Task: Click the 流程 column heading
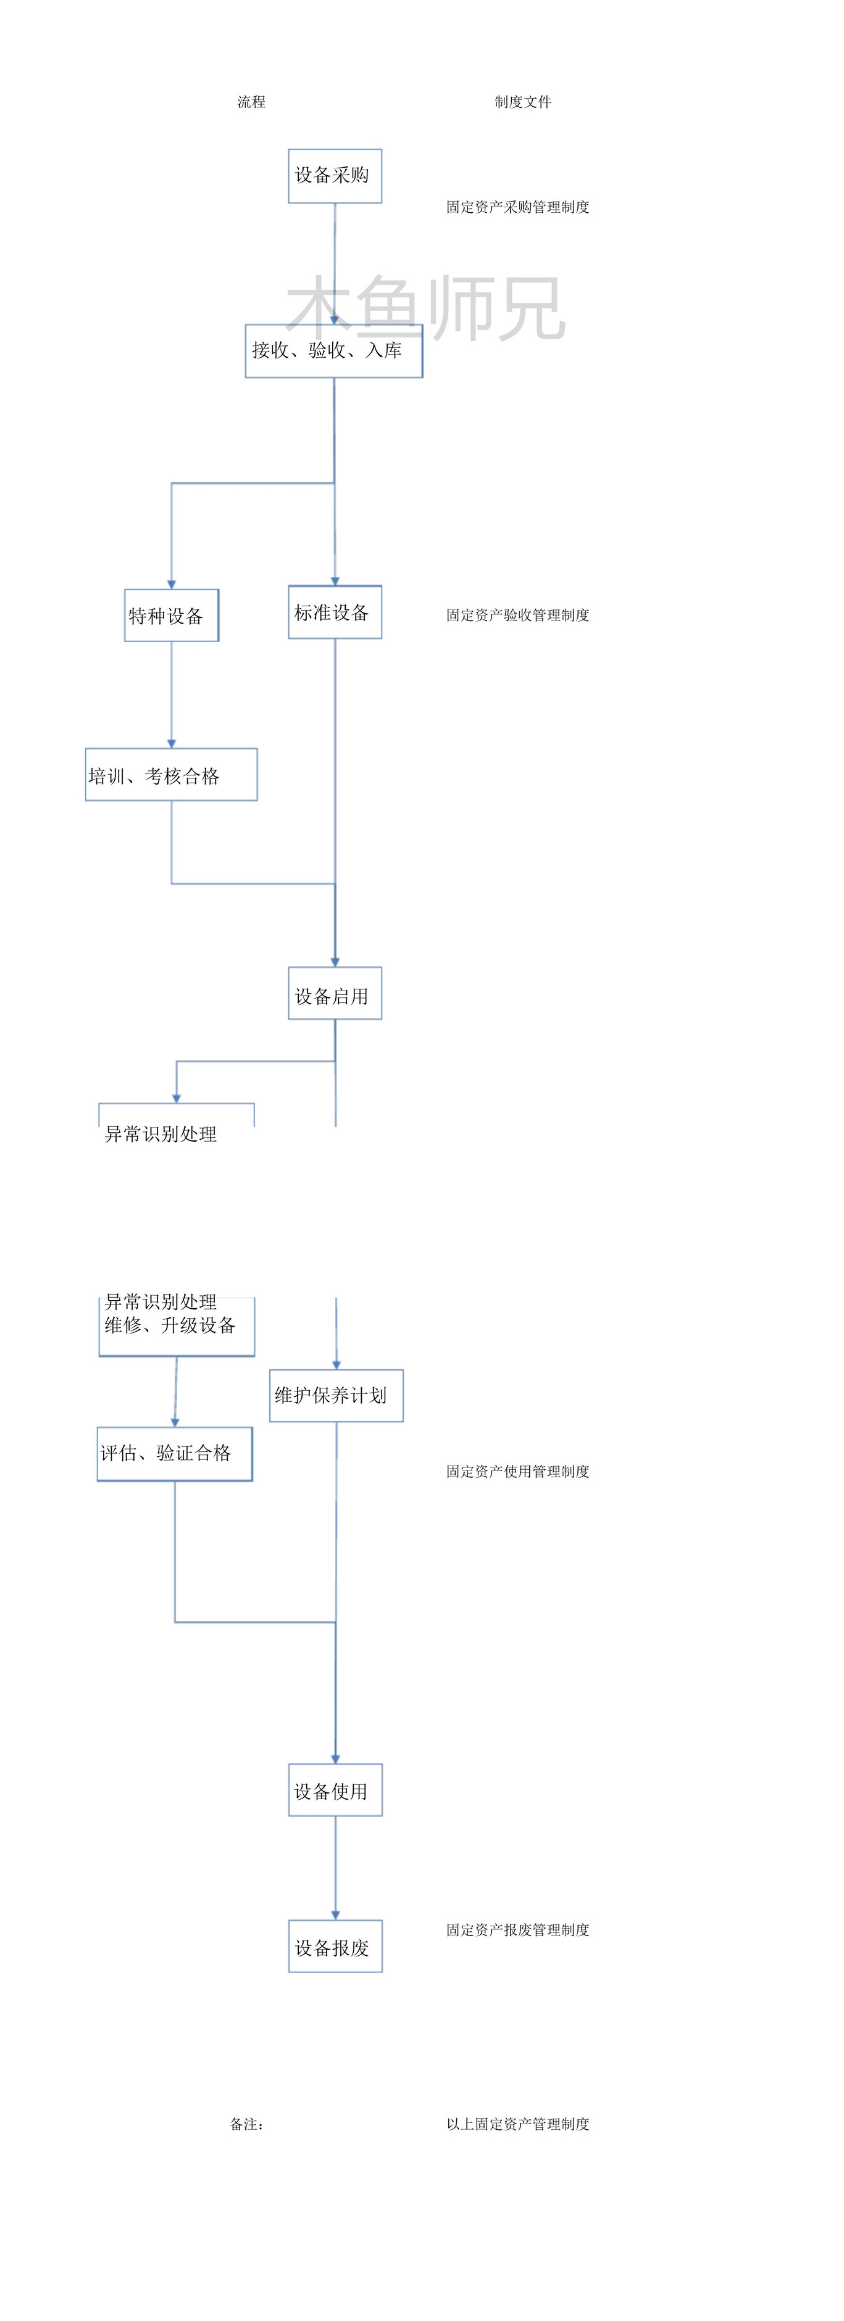pyautogui.click(x=251, y=102)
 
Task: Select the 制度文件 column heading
pyautogui.click(x=523, y=102)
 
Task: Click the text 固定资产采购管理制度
pyautogui.click(x=517, y=207)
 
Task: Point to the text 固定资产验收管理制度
pyautogui.click(x=517, y=616)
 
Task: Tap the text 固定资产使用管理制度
pyautogui.click(x=517, y=1471)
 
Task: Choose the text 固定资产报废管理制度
pyautogui.click(x=517, y=1930)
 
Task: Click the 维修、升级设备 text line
pyautogui.click(x=170, y=1325)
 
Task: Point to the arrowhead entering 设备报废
pyautogui.click(x=335, y=1916)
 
